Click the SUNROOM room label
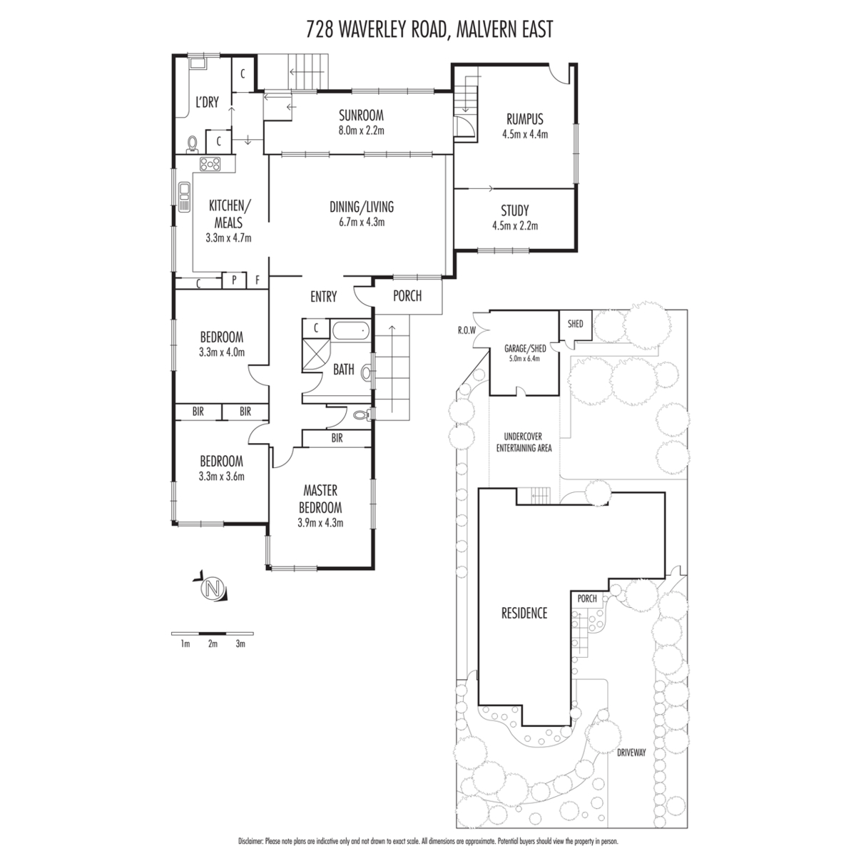361,116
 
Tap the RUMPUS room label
524,119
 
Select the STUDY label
515,210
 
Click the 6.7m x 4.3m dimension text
362,222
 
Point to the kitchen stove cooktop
210,164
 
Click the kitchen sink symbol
184,196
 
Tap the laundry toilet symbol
193,144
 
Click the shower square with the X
316,356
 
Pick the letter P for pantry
234,280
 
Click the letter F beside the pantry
258,280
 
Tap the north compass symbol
212,589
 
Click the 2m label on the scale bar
213,643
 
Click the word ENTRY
323,297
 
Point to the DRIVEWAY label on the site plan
631,753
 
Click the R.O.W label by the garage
467,330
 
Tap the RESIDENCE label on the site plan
524,613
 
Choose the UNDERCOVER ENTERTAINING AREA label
524,442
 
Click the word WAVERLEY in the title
390,30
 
